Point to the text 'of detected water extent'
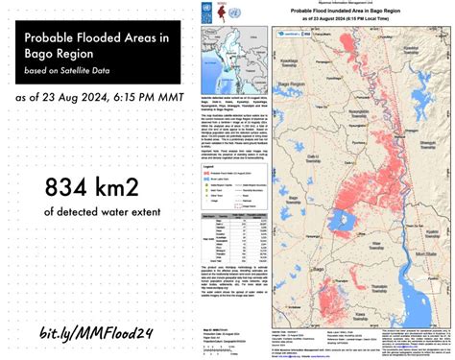[x=88, y=209]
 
